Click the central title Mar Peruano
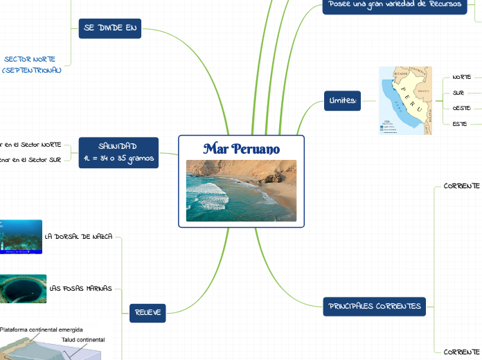[242, 149]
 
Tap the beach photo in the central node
[241, 190]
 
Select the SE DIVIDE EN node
[111, 28]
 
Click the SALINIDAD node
[118, 152]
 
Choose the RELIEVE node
[148, 313]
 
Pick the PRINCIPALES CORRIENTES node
[374, 306]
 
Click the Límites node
[342, 101]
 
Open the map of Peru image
[405, 100]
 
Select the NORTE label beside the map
[461, 77]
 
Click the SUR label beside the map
[458, 92]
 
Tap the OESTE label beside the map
[461, 108]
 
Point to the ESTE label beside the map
[459, 124]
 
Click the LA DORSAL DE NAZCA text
[78, 236]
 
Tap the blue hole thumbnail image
[23, 288]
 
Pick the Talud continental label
[83, 340]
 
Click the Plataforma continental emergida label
[42, 330]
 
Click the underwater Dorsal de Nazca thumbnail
[21, 237]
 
